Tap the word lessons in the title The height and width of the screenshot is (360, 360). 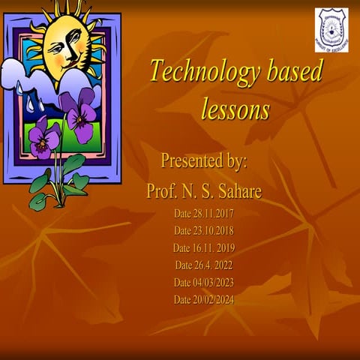point(235,109)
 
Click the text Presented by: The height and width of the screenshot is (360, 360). point(204,160)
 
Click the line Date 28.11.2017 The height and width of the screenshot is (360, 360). point(204,213)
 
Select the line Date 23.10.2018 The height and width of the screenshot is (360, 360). point(204,230)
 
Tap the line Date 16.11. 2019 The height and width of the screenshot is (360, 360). point(204,247)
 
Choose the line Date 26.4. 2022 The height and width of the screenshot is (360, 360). point(204,265)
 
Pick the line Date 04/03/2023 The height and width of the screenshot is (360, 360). point(204,282)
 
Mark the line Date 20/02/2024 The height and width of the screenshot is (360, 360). point(204,299)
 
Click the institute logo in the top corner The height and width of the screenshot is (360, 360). point(331,30)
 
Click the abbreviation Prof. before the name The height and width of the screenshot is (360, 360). point(163,192)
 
